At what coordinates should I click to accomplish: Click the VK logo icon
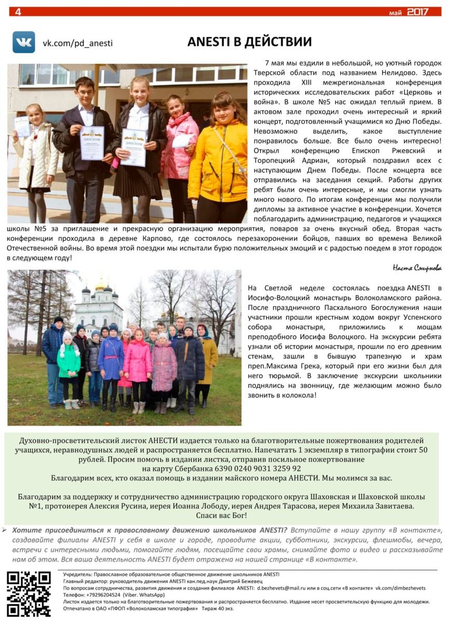23,42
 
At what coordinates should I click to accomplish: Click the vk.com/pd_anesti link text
77,43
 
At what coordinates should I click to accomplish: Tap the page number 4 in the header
18,11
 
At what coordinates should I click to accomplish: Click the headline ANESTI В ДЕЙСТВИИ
249,42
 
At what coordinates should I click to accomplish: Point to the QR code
29,593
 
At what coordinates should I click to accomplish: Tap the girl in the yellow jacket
220,156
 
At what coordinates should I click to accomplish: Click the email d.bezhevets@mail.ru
286,588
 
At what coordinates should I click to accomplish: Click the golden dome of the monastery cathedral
100,285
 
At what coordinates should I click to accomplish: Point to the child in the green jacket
69,364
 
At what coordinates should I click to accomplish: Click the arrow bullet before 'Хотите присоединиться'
5,530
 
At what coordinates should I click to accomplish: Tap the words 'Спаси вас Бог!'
221,515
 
